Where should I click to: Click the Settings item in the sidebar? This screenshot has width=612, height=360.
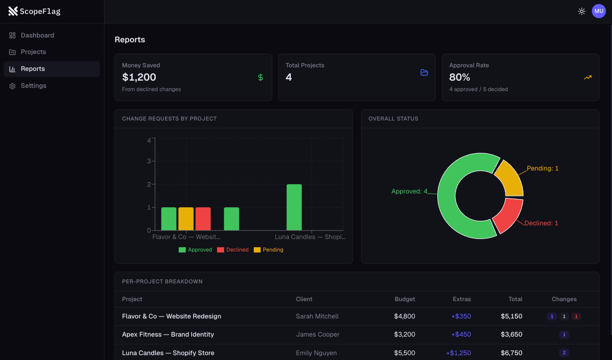(x=33, y=86)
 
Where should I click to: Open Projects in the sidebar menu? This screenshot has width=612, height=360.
(x=33, y=52)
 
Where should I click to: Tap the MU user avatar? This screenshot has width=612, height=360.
(x=598, y=11)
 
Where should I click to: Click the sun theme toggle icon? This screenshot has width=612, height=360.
(x=581, y=11)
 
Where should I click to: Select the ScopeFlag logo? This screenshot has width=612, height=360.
(x=34, y=11)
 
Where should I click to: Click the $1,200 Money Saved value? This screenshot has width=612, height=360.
(x=139, y=77)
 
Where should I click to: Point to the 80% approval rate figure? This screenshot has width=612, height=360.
(x=460, y=77)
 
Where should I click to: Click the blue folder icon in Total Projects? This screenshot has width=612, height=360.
(x=424, y=73)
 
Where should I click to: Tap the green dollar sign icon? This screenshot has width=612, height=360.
(x=260, y=77)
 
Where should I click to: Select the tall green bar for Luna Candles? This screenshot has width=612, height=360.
(x=294, y=207)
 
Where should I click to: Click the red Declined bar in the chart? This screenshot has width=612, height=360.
(x=203, y=219)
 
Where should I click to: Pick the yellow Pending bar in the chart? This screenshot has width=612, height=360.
(x=186, y=219)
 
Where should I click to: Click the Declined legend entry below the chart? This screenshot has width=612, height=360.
(x=233, y=250)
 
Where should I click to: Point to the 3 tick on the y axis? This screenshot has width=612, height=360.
(x=149, y=161)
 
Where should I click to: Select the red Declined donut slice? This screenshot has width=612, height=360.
(x=508, y=214)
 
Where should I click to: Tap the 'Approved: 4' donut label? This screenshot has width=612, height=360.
(x=409, y=191)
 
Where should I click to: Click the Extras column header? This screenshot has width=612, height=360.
(x=462, y=299)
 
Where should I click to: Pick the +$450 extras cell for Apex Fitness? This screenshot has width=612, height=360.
(x=461, y=335)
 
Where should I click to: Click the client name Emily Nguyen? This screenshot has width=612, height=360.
(x=316, y=353)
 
